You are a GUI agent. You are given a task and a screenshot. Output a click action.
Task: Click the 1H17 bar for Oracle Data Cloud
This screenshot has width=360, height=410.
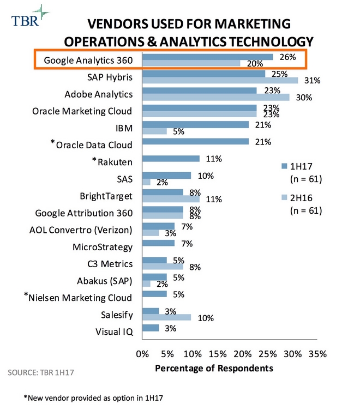point(195,142)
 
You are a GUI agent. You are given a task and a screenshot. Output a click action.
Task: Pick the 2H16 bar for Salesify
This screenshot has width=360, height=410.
point(166,317)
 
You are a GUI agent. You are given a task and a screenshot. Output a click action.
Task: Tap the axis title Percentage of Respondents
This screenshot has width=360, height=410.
point(214,368)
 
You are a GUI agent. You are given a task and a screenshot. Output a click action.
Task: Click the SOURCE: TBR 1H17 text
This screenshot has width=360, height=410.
point(41,374)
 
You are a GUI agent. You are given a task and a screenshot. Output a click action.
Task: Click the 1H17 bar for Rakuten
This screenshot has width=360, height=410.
point(171,159)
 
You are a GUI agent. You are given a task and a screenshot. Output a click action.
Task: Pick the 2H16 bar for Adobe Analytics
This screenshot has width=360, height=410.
point(216,97)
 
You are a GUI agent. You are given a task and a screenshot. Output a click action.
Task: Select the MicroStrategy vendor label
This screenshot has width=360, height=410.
point(103,247)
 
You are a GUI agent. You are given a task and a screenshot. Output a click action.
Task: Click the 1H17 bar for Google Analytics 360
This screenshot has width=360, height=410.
point(207,57)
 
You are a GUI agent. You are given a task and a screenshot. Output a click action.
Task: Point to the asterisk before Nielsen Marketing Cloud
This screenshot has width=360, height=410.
point(26,295)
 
